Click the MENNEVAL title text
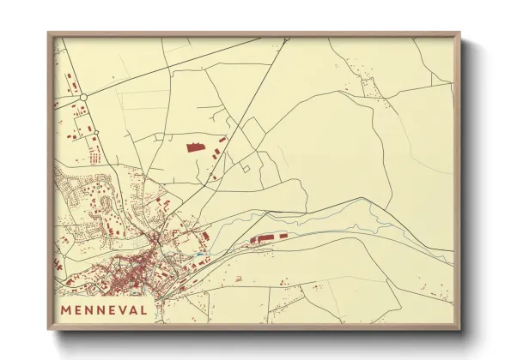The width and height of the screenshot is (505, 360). coord(104,309)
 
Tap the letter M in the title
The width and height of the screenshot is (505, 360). coord(66,309)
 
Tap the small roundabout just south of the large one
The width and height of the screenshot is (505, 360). coord(97,132)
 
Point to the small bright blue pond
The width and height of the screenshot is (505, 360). coord(199,253)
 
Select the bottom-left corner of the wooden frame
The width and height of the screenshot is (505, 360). coord(49,328)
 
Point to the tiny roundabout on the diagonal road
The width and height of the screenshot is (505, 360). coord(211,177)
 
